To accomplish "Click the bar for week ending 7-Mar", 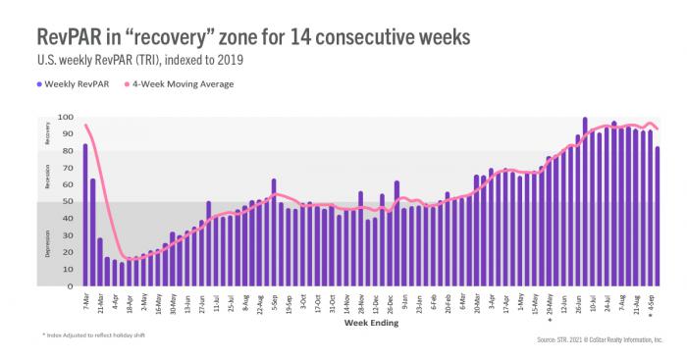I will tap(85, 216).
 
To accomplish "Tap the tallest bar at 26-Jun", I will tap(585, 202).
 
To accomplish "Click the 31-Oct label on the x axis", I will tap(333, 301).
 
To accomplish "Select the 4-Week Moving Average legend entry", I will tap(195, 84).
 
